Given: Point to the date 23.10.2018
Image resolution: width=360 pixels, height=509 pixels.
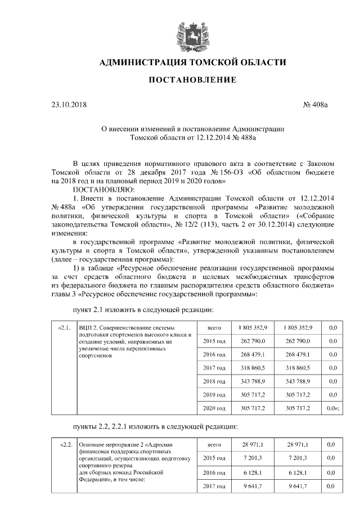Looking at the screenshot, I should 66,105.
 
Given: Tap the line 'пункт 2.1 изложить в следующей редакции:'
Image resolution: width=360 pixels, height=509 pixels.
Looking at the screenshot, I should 143,309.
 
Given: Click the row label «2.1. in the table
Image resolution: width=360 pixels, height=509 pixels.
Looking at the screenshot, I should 64,327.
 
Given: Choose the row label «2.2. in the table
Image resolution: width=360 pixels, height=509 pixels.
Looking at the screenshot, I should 64,445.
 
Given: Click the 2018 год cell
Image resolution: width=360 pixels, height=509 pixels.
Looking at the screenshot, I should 214,381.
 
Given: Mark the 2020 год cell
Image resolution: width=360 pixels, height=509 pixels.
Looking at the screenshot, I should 214,408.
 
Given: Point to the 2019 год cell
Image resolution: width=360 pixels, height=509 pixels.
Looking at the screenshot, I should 214,394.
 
